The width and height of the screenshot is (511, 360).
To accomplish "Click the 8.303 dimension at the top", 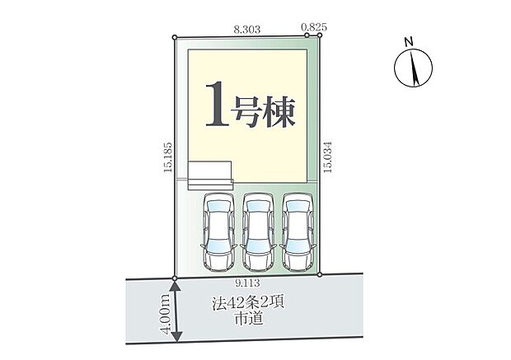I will pos(246,28).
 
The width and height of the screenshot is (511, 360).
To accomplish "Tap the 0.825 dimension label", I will pos(314,28).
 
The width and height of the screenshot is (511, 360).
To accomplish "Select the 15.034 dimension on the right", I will pos(328,158).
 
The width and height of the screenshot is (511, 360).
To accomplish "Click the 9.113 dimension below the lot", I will pos(246,284).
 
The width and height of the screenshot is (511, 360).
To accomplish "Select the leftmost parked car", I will pos(218,233).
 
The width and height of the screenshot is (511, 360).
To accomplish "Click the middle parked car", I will pos(258,233).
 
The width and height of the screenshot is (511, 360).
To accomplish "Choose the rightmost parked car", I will pos(298,233).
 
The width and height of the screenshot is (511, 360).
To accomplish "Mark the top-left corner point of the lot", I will pos(175,36).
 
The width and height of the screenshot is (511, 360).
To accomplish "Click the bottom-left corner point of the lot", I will pos(175,277).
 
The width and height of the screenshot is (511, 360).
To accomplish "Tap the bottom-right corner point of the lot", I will pos(320,275).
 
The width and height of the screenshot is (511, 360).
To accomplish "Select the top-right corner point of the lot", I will pos(320,35).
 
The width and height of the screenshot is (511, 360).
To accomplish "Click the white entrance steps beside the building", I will pos(210,175).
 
